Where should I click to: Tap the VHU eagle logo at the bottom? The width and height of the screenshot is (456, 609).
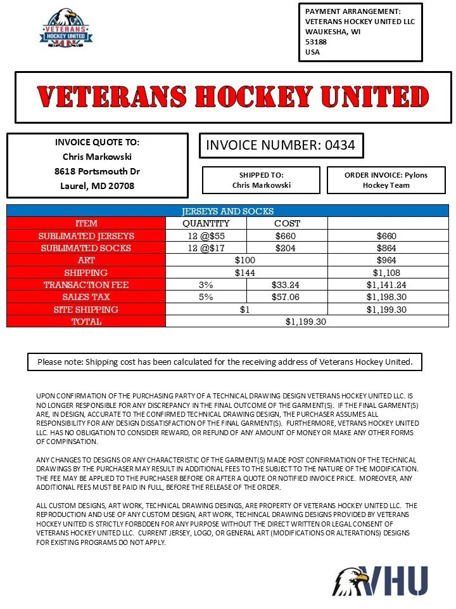pos(380,580)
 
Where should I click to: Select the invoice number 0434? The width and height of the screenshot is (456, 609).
pos(281,145)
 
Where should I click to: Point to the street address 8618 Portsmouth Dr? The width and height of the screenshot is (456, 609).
pos(97,171)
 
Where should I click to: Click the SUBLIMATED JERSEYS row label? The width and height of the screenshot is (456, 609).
pos(86,236)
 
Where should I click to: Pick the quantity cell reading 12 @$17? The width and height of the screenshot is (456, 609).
pos(206,248)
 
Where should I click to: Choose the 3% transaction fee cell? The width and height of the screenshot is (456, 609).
pos(206,285)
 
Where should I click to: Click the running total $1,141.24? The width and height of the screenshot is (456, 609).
pos(387,285)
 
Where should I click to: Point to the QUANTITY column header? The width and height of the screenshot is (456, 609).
pos(206,223)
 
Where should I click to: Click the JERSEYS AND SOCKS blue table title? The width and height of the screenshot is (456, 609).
pos(227,211)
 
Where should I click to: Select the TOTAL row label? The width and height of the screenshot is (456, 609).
pos(86,322)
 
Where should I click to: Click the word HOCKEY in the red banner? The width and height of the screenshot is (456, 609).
pos(253,97)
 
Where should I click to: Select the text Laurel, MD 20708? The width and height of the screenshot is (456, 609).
pos(97,186)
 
